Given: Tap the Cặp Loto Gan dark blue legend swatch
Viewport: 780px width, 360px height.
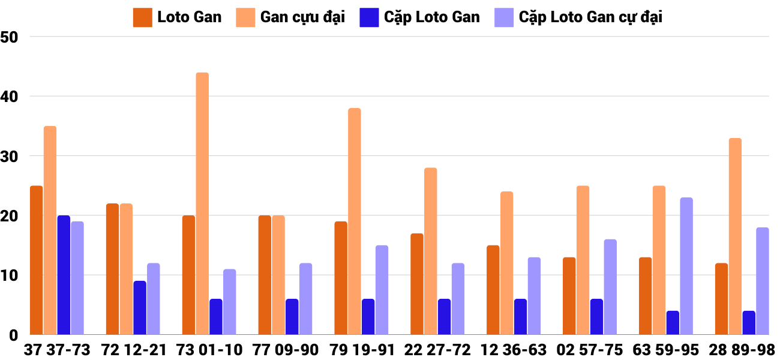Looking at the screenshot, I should pyautogui.click(x=369, y=17).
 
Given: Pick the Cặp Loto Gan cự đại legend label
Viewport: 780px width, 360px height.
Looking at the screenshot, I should pyautogui.click(x=590, y=17).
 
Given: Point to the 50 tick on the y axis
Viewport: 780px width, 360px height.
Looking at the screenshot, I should pyautogui.click(x=10, y=37).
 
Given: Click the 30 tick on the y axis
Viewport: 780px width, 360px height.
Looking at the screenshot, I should pyautogui.click(x=10, y=156).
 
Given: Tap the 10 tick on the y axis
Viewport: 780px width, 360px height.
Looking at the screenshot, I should pyautogui.click(x=10, y=275).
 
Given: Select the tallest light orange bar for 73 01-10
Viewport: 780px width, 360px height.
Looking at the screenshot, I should pyautogui.click(x=202, y=204).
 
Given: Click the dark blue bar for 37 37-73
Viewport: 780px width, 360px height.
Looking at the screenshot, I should pyautogui.click(x=64, y=275).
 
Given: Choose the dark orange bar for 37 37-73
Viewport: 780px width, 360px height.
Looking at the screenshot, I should pyautogui.click(x=36, y=260).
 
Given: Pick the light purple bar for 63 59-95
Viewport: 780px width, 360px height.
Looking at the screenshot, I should pyautogui.click(x=686, y=266).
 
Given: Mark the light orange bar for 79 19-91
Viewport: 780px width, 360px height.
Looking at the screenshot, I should pyautogui.click(x=355, y=221).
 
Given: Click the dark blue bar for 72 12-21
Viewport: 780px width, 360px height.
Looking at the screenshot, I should pyautogui.click(x=140, y=308).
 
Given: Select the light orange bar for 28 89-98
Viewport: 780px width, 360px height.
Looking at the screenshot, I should pyautogui.click(x=735, y=236).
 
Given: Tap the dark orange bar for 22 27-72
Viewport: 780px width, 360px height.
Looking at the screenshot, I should pyautogui.click(x=417, y=284).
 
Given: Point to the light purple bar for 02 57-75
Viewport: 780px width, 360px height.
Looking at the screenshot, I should pyautogui.click(x=610, y=287).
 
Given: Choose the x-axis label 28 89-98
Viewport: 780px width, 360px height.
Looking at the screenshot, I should pyautogui.click(x=742, y=350).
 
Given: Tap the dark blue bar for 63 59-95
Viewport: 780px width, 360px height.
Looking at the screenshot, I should pyautogui.click(x=673, y=323).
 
